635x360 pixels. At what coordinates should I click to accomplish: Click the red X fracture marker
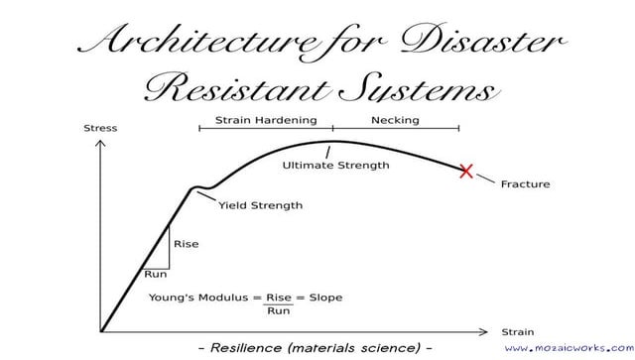pyautogui.click(x=466, y=171)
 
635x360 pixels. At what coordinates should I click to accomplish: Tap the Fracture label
pyautogui.click(x=525, y=183)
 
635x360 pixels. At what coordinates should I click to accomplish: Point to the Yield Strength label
pyautogui.click(x=260, y=206)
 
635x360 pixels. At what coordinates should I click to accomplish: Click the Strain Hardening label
pyautogui.click(x=266, y=120)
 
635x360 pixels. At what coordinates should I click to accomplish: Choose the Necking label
pyautogui.click(x=395, y=120)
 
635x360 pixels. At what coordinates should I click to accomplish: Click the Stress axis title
pyautogui.click(x=100, y=128)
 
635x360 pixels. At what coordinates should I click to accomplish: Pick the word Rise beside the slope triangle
pyautogui.click(x=186, y=244)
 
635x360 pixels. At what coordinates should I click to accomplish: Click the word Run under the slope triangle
pyautogui.click(x=156, y=274)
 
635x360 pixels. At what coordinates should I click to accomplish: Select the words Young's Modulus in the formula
pyautogui.click(x=198, y=297)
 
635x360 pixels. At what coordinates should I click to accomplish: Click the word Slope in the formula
pyautogui.click(x=326, y=297)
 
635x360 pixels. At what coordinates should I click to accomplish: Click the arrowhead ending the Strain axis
pyautogui.click(x=485, y=330)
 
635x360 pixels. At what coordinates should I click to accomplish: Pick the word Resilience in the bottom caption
pyautogui.click(x=254, y=349)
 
